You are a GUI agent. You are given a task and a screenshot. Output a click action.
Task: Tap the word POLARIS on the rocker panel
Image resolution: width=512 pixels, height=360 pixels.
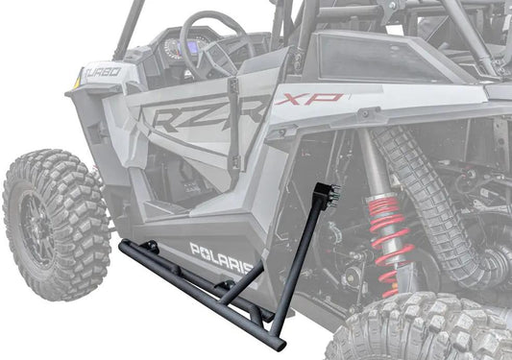(x=222, y=259)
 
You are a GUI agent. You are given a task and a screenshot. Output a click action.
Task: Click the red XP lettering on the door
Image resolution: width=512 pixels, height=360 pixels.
(x=309, y=99)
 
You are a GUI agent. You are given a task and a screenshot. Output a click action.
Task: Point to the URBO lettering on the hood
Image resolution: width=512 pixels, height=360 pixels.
(x=104, y=72)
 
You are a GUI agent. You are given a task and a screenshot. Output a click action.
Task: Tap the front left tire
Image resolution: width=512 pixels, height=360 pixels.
(x=56, y=224)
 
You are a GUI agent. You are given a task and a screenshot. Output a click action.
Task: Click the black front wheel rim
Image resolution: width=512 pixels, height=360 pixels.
(x=37, y=226)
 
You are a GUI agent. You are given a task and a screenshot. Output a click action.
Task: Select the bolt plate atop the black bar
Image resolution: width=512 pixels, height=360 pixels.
(x=328, y=195)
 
